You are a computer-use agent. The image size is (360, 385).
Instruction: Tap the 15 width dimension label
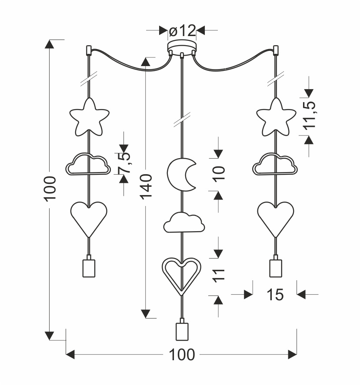(274, 295)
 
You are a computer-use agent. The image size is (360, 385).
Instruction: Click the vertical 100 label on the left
(50, 188)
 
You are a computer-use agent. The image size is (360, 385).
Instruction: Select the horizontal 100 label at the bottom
(181, 355)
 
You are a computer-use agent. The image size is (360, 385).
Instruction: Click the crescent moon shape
(181, 175)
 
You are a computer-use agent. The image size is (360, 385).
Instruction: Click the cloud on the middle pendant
(184, 222)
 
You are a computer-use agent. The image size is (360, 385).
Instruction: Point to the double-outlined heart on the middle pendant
(182, 275)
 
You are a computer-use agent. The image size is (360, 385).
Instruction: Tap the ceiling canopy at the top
(182, 46)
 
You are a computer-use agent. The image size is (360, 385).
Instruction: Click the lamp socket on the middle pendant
(181, 331)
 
